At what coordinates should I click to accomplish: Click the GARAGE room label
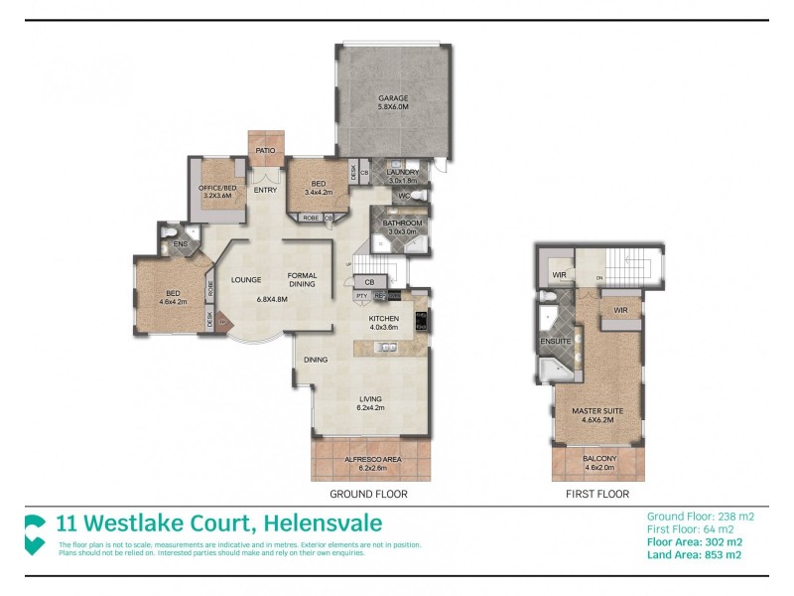(393, 98)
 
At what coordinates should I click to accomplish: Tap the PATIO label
(265, 150)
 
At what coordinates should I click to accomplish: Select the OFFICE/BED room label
(215, 188)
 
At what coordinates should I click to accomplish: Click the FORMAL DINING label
(302, 279)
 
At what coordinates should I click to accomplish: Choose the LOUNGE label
(246, 279)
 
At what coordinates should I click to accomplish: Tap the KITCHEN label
(383, 318)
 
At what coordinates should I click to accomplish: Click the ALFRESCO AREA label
(371, 459)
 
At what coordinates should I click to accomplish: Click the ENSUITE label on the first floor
(556, 341)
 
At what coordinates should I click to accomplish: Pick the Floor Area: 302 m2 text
(694, 542)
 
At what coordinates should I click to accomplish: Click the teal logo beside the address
(36, 531)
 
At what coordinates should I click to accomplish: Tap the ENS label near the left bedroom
(180, 243)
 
